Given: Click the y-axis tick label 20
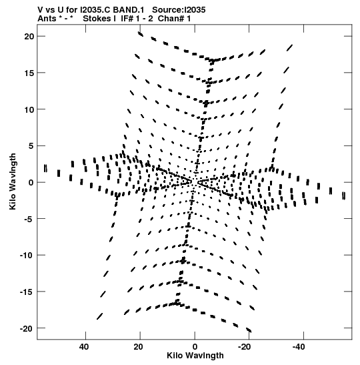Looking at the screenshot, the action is tap(29, 36).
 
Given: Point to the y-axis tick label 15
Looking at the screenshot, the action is tap(29, 73).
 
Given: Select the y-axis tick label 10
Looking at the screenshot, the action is tap(29, 109).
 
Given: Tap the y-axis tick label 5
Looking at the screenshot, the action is tap(31, 146).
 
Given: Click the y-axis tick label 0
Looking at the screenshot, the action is tap(31, 183).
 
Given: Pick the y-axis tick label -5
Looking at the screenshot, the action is tap(29, 219).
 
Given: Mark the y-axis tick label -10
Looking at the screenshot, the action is tap(27, 256).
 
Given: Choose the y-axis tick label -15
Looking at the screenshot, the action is tap(27, 292).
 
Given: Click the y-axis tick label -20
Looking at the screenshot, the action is tap(27, 328).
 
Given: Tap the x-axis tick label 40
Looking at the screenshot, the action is tap(84, 347).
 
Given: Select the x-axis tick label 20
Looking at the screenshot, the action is tap(138, 347).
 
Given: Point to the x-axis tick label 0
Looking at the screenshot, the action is tap(195, 347).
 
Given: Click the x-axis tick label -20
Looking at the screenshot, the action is tap(244, 347).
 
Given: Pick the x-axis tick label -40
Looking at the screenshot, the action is tap(299, 347).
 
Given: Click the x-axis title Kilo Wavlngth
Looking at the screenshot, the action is tap(195, 356).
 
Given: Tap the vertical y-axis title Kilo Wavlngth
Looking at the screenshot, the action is tap(13, 181).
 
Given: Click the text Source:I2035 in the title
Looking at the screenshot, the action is tap(179, 10).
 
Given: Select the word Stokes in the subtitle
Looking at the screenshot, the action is tap(97, 19).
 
